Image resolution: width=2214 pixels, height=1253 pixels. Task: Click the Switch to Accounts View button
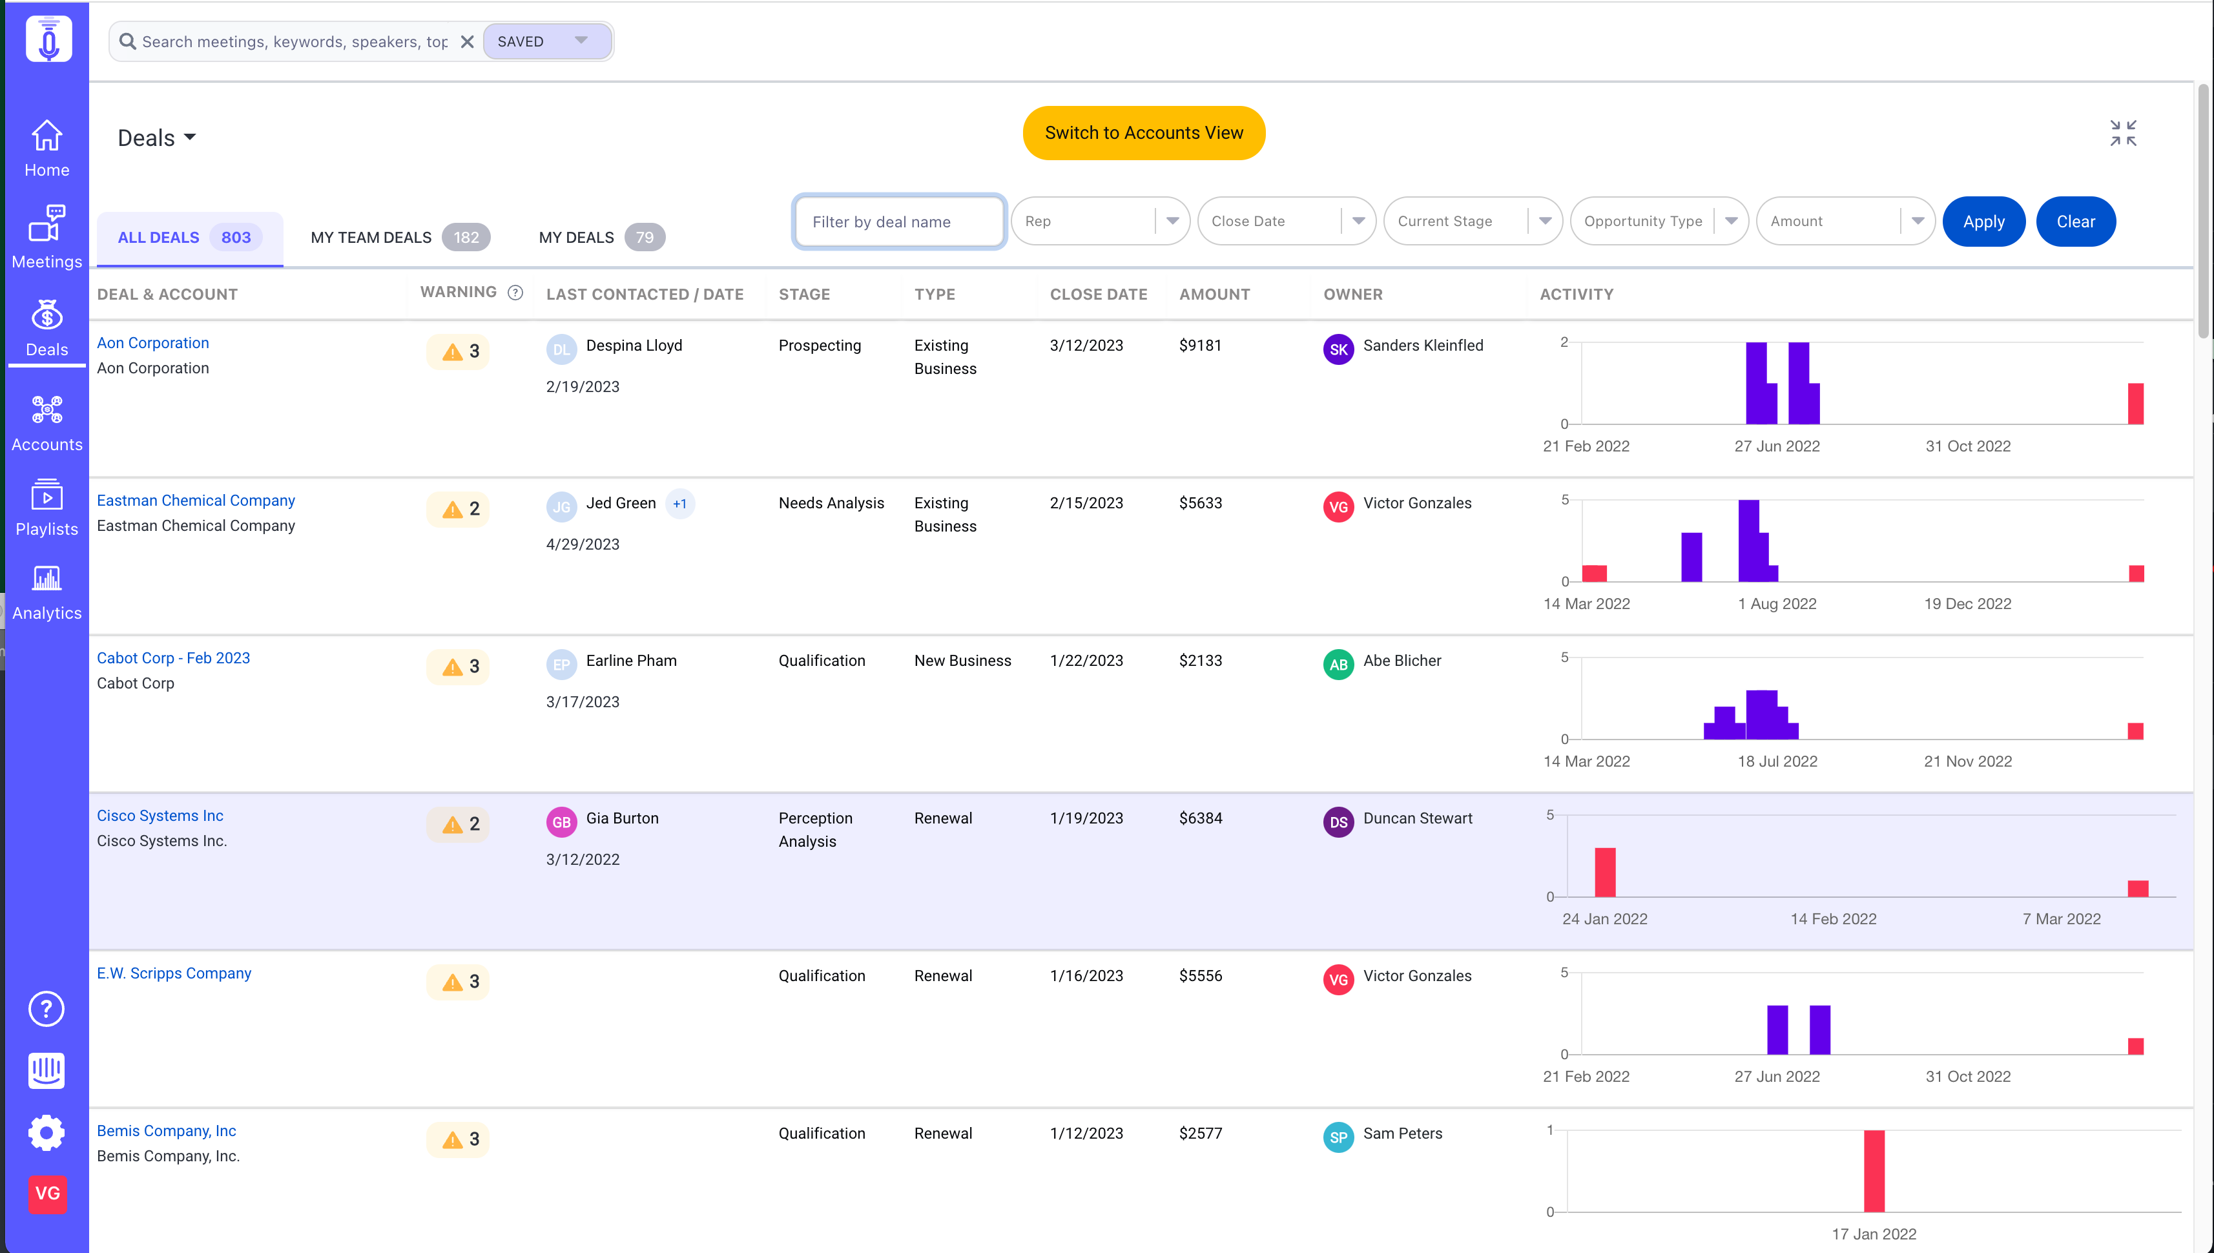click(1144, 132)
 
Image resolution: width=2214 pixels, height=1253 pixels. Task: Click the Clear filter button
click(2076, 221)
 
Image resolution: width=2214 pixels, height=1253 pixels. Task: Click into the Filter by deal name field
click(899, 221)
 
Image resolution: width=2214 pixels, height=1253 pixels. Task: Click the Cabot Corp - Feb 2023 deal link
click(173, 658)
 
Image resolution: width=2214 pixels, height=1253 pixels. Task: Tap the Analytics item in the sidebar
click(47, 593)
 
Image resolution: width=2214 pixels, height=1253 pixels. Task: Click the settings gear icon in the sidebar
click(47, 1132)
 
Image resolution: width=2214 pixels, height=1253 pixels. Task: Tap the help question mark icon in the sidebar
click(47, 1009)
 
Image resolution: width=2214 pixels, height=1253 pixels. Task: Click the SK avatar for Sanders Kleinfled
click(1338, 349)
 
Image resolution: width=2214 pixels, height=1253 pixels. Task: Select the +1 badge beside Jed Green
click(680, 503)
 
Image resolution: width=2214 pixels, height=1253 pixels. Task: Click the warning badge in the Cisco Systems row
click(459, 823)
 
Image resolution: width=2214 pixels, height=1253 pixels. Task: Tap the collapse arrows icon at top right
click(2123, 134)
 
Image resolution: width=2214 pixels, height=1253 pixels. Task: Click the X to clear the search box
click(467, 41)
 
